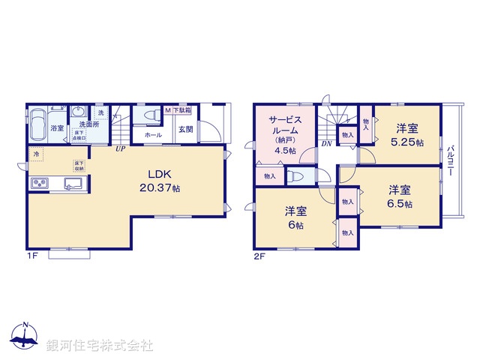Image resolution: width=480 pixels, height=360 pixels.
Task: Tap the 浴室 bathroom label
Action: [57, 128]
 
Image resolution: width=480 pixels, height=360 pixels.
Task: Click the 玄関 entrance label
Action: [185, 128]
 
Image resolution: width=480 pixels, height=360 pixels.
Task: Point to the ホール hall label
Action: [153, 134]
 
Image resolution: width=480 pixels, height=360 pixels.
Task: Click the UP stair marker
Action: [120, 148]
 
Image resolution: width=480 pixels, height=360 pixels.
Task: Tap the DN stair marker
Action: [327, 142]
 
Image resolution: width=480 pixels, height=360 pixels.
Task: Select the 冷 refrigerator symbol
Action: [36, 154]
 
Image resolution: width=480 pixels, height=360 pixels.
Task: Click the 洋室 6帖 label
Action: [294, 217]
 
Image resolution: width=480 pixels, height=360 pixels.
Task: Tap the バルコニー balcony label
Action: [449, 160]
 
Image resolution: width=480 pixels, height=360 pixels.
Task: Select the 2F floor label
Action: [259, 256]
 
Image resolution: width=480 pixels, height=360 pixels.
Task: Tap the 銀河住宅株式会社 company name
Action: [99, 346]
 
